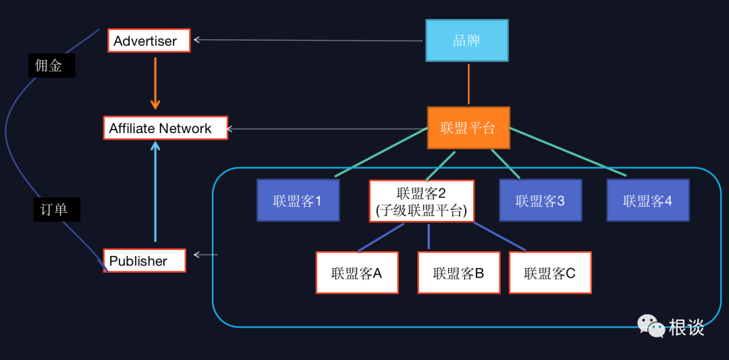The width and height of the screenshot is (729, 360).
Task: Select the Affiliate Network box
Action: coord(165,128)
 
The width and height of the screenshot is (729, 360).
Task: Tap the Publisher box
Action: coord(144,261)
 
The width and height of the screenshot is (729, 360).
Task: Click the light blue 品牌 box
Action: coord(466,40)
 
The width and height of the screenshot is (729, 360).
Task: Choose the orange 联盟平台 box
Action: coord(468,128)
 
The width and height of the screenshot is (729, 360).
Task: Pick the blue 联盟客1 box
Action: coord(297,200)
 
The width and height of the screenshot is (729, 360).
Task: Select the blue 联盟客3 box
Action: coord(540,200)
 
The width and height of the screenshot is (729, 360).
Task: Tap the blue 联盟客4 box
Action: coord(647,200)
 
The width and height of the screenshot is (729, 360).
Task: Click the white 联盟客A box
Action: coord(356,273)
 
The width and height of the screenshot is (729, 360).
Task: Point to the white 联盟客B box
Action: coord(458,273)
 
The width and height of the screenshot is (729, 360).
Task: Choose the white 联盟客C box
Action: coord(550,273)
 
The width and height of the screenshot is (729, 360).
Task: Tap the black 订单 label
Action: coord(56,209)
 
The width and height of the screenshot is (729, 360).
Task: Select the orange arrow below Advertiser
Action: coord(155,82)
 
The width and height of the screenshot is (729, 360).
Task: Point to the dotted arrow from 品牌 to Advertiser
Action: coord(307,41)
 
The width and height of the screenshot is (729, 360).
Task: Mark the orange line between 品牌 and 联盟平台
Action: coord(468,84)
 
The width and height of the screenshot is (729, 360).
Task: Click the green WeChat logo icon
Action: coord(651,326)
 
